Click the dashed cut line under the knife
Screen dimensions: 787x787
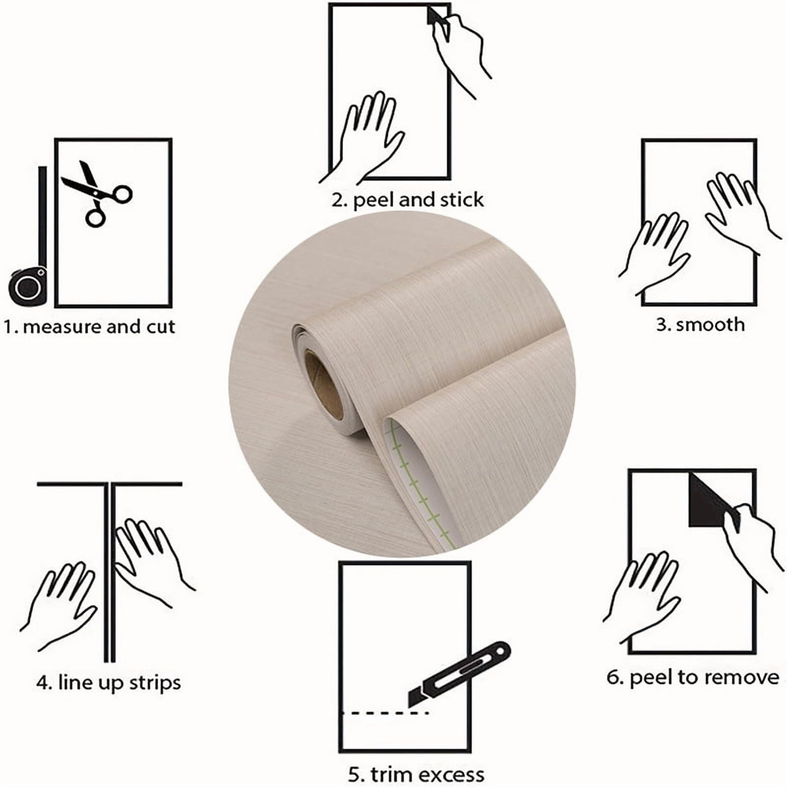(x=386, y=713)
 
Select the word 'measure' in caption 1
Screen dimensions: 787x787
(x=61, y=327)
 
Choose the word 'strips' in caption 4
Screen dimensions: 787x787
(x=155, y=683)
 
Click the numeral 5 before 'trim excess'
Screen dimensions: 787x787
(x=354, y=775)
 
